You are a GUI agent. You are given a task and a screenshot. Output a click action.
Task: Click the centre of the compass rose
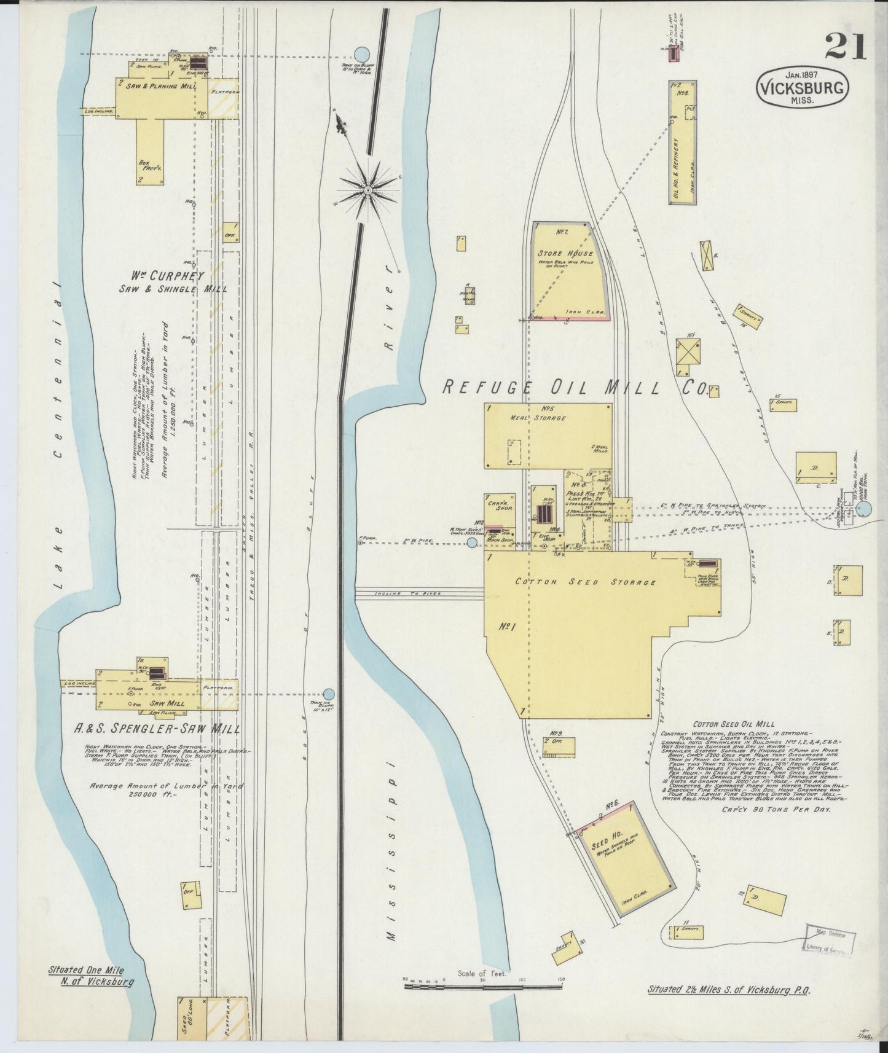point(368,190)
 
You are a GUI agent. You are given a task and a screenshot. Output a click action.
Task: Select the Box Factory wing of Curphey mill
point(150,151)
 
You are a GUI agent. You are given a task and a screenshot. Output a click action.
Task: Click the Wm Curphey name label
point(167,275)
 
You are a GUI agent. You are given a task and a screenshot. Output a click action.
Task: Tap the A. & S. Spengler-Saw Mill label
point(157,729)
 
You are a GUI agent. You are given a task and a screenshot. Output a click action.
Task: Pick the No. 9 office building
point(559,746)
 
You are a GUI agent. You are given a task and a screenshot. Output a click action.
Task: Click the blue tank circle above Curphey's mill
point(362,53)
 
